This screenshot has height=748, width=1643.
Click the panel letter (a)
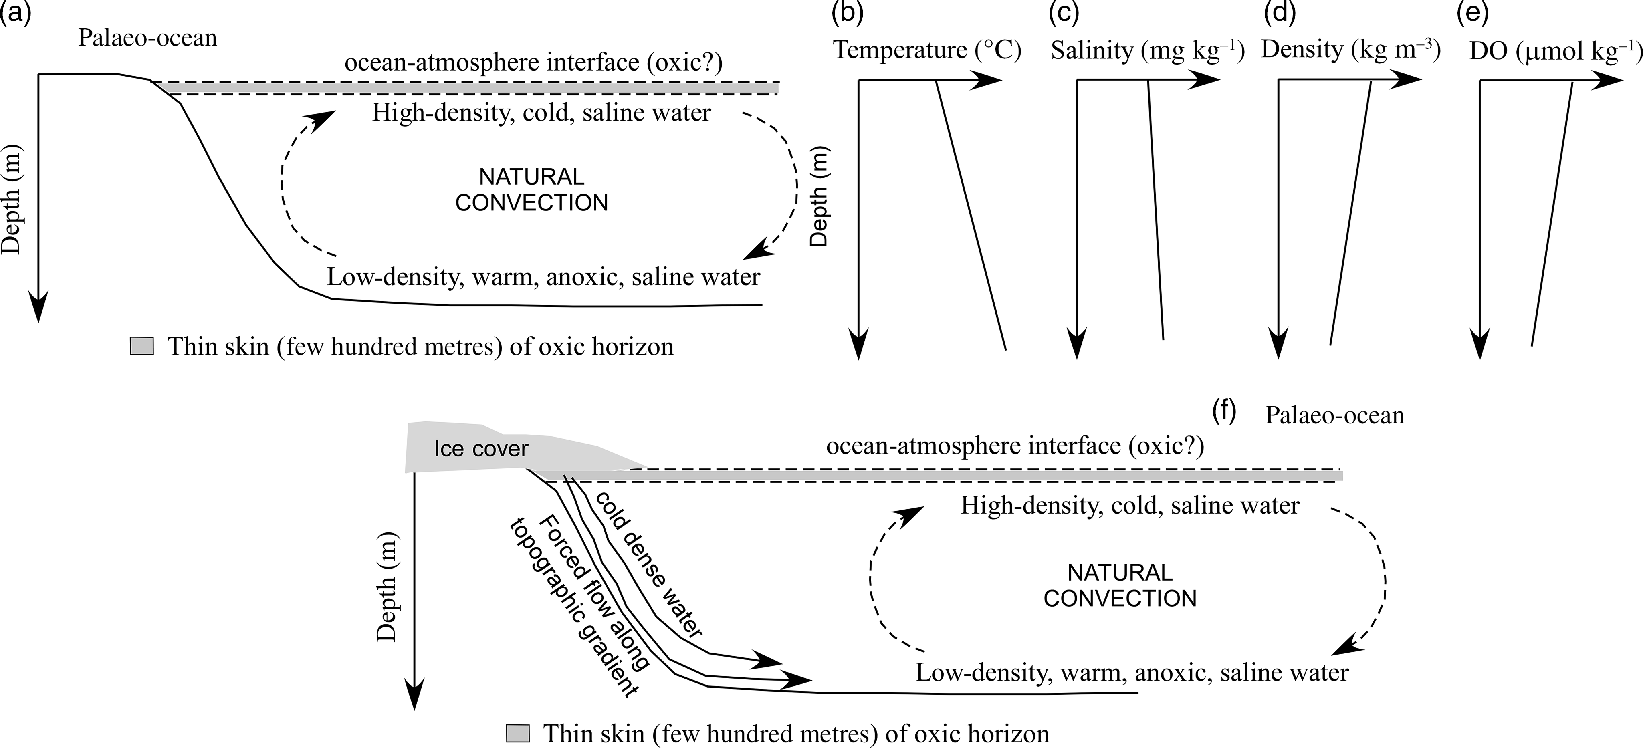tap(15, 13)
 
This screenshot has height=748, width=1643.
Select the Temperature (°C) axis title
tap(927, 50)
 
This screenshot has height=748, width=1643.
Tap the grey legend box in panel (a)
tap(141, 346)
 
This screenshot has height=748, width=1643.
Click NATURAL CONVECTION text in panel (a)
tap(531, 190)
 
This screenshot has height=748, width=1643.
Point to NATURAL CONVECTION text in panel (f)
tap(1120, 585)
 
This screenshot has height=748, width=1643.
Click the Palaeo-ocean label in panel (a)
tap(147, 38)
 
